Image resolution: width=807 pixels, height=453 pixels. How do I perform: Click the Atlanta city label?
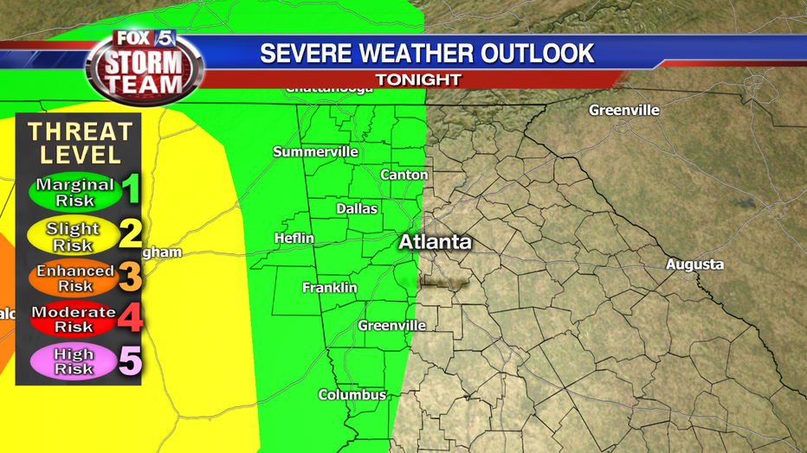pos(435,242)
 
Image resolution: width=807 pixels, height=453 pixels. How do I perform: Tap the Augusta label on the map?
pos(694,265)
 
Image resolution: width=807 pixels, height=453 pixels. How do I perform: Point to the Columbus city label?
pos(352,395)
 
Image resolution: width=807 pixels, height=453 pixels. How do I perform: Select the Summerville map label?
pos(315,152)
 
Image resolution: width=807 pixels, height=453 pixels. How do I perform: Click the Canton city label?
pos(404,175)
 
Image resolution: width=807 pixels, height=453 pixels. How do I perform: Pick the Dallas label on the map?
pos(357,209)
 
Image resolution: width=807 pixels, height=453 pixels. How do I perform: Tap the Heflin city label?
pos(294,239)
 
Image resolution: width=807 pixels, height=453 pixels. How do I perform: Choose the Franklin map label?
pos(329,288)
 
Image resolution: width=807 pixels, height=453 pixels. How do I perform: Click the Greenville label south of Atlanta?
pos(392,326)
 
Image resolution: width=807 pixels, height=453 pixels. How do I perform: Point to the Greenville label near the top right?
pos(623,111)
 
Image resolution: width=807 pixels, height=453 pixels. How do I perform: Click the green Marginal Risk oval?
pos(74,192)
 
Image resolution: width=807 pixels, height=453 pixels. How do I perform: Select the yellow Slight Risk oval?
pos(73,237)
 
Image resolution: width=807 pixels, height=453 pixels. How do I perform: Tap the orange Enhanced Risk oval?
pos(74,278)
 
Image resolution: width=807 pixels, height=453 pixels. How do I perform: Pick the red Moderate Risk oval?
pos(74,320)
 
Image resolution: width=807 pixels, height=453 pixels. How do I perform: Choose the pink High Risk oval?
pos(74,361)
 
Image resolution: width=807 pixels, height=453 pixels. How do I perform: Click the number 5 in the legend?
pos(130,361)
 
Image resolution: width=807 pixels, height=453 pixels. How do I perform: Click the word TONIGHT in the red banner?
pos(417,80)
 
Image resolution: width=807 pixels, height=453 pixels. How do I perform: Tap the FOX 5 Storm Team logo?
pos(145,62)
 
